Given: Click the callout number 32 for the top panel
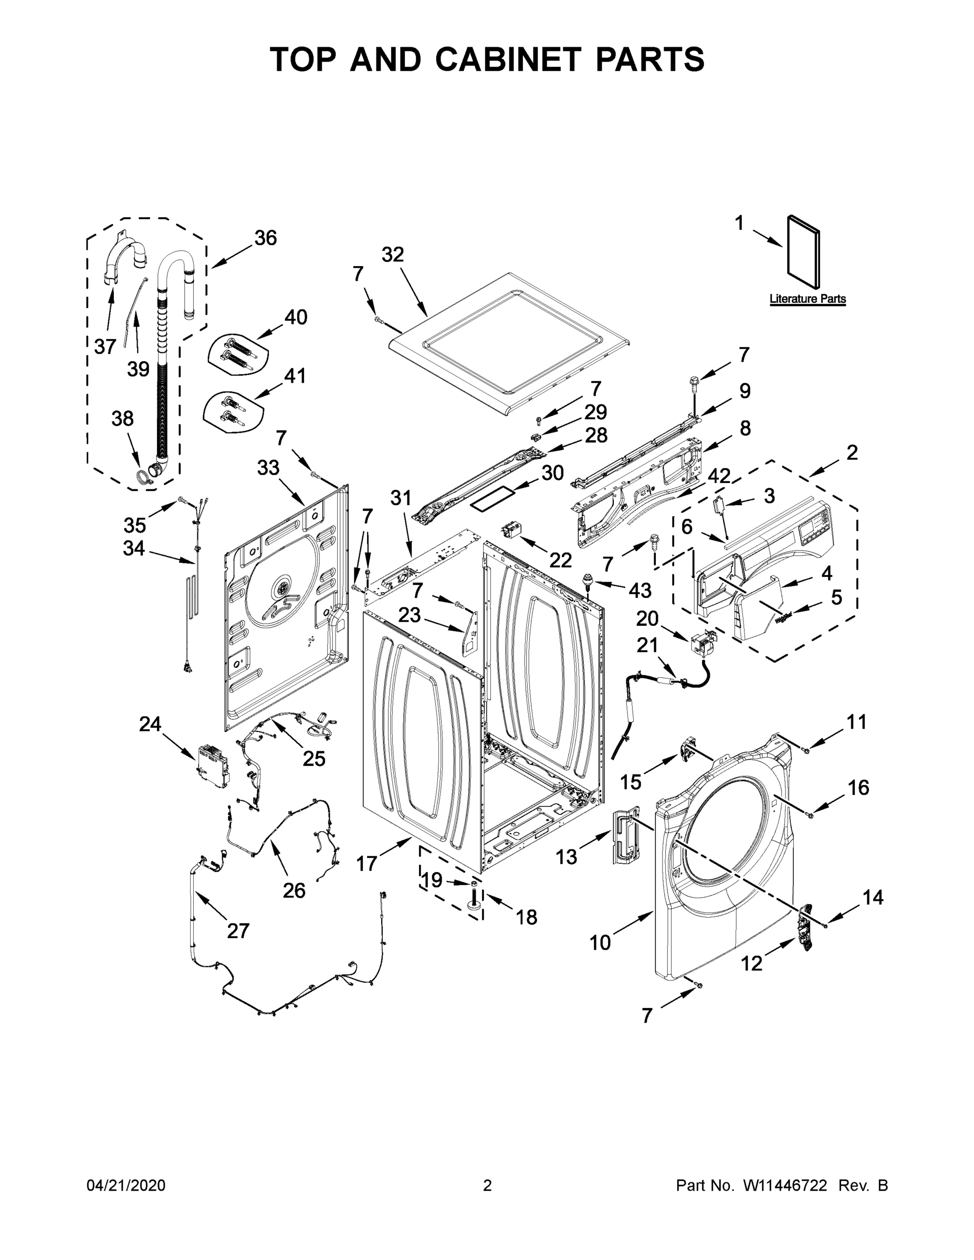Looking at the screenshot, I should (392, 255).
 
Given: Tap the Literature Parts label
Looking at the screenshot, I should (807, 299).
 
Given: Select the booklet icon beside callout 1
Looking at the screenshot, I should (803, 253).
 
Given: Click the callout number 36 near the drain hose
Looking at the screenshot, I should (266, 238).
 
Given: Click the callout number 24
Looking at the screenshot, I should (150, 724).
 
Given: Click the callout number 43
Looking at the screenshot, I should (640, 590).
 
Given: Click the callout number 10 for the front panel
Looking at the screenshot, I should (600, 943).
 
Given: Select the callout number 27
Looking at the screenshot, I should (238, 931).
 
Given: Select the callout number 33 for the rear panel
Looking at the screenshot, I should (268, 468).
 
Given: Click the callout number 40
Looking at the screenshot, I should (296, 317).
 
